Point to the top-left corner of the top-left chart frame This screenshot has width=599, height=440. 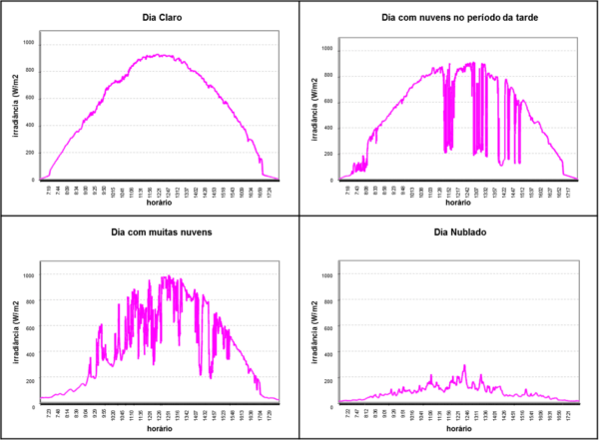tap(39, 30)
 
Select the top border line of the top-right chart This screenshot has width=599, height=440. tap(459, 37)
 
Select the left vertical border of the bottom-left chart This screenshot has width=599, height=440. tap(39, 330)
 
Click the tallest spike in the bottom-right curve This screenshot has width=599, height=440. tap(465, 366)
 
